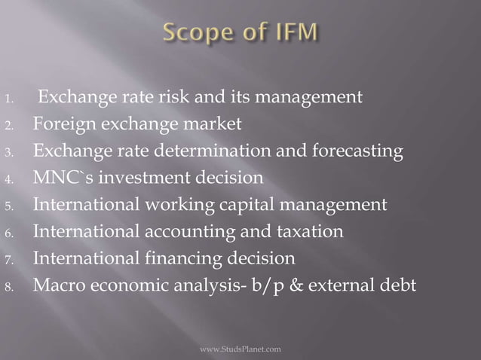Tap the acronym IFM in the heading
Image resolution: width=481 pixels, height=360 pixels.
[292, 34]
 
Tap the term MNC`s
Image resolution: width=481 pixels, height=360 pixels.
[60, 178]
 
